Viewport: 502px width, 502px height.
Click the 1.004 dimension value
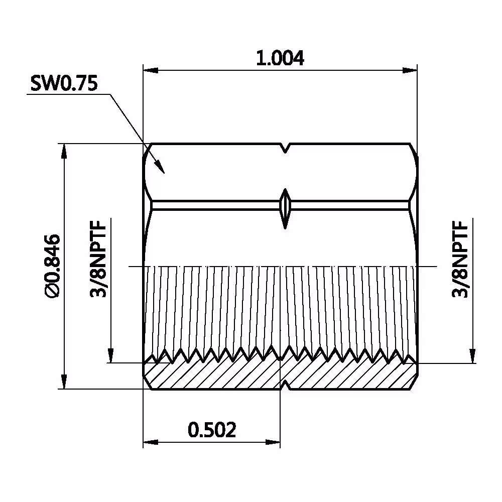pyautogui.click(x=280, y=58)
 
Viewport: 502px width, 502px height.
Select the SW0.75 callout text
pyautogui.click(x=64, y=83)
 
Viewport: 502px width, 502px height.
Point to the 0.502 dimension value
pyautogui.click(x=212, y=430)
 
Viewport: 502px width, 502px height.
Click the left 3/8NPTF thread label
pyautogui.click(x=98, y=260)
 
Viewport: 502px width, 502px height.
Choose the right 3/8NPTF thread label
pyautogui.click(x=460, y=260)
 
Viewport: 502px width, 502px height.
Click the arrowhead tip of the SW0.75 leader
pyautogui.click(x=164, y=173)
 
